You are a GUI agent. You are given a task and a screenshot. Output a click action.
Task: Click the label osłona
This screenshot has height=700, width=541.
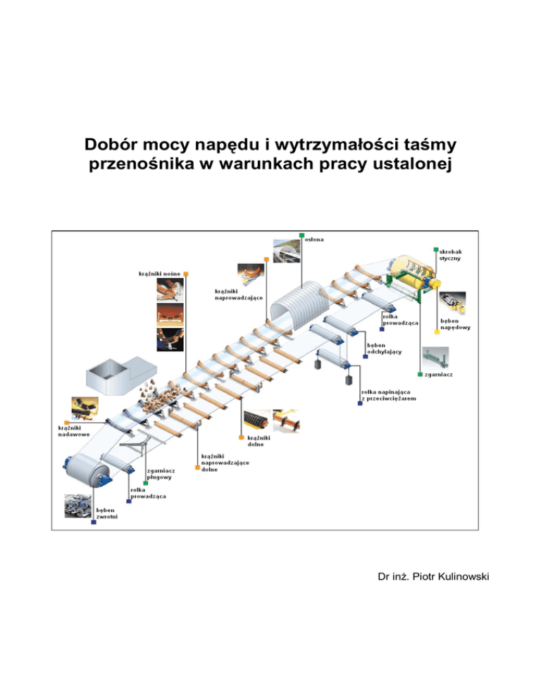315,239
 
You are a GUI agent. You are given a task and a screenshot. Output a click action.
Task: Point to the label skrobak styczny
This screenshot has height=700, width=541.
450,254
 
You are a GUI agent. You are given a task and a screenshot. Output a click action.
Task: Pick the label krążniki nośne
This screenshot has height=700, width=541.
158,273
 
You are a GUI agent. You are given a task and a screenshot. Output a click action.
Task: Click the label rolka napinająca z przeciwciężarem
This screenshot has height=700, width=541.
387,395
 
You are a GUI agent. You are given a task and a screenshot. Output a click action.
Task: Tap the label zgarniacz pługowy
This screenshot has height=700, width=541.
161,473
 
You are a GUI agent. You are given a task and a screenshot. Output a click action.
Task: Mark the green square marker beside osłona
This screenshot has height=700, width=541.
301,235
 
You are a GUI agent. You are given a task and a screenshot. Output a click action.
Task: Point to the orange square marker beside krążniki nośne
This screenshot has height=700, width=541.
186,273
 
